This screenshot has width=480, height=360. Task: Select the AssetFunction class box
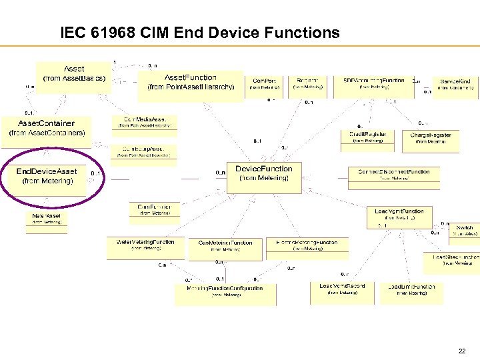(191, 82)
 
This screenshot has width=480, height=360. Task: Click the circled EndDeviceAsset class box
(47, 176)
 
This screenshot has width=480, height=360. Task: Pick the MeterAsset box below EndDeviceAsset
(46, 220)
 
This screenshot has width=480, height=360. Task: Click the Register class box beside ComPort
(307, 83)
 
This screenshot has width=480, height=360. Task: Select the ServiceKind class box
(455, 84)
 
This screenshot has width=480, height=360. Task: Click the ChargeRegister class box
(431, 137)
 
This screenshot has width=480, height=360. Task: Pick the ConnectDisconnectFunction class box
(393, 174)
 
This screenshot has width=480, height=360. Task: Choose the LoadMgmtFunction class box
(399, 214)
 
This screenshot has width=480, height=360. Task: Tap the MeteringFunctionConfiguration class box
(224, 291)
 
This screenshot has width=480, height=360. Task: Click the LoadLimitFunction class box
(411, 289)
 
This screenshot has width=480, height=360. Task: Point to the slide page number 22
(462, 351)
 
